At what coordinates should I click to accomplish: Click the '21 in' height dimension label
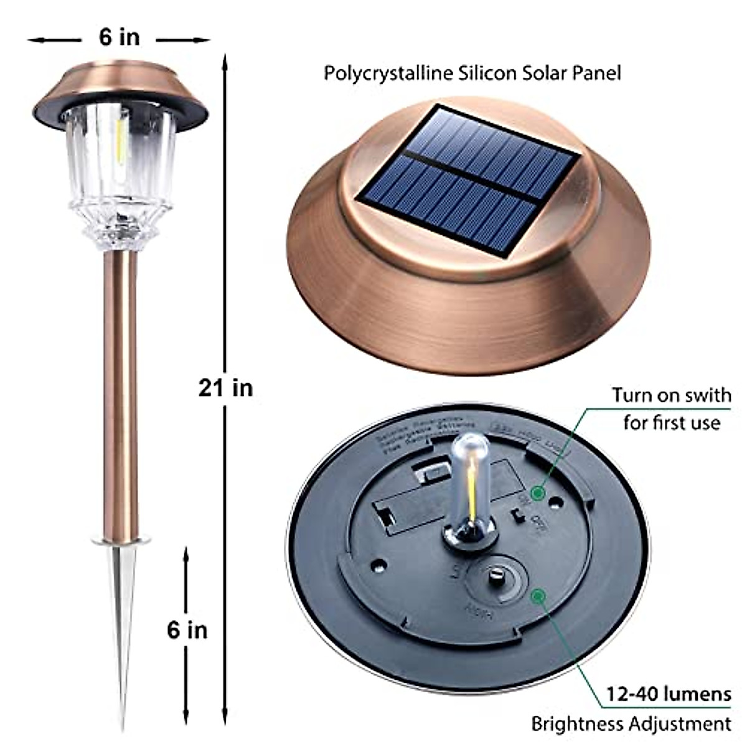coord(225,388)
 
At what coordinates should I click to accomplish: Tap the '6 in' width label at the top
coord(119,37)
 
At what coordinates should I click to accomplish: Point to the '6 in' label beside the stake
coord(187,629)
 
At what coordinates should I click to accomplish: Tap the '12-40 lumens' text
coord(669,693)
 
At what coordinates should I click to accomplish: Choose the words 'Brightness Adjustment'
coord(631,724)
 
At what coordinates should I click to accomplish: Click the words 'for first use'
coord(672,423)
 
